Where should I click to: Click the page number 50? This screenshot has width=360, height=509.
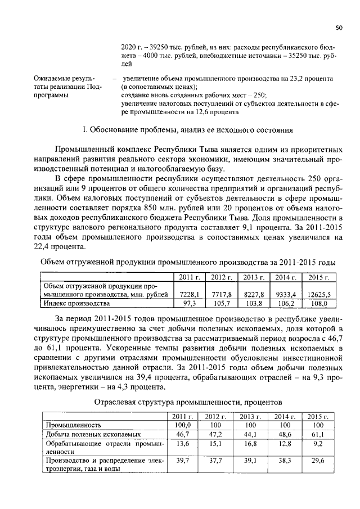[x=339, y=26]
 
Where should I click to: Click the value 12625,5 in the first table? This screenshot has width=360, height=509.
[x=319, y=294]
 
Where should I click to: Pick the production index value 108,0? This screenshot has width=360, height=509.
[x=319, y=304]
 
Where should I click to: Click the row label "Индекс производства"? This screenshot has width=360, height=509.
[x=77, y=304]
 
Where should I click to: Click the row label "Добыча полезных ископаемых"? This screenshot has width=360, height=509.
[x=85, y=435]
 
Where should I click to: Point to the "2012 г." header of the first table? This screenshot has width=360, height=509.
[x=222, y=277]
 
